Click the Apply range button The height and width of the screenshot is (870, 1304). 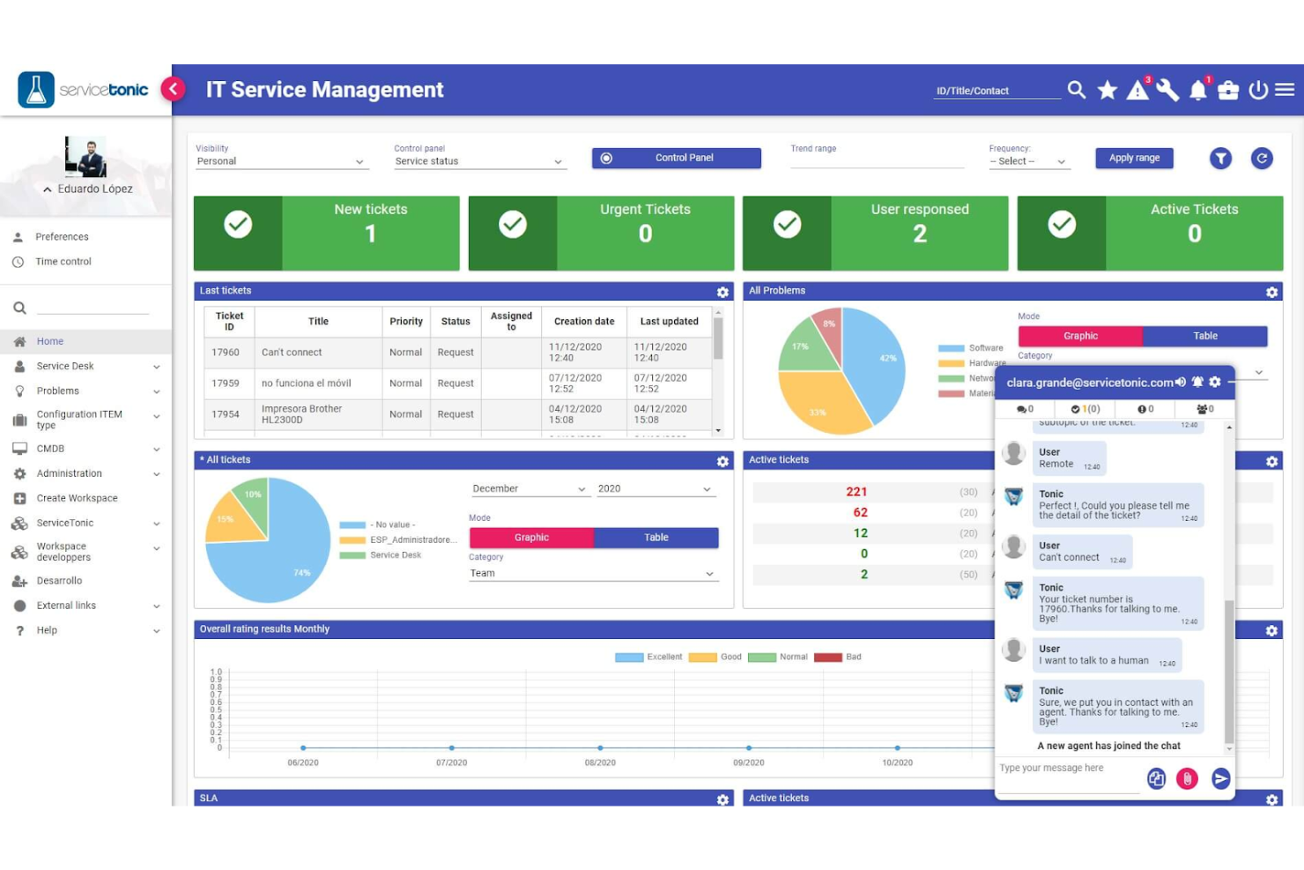[1134, 158]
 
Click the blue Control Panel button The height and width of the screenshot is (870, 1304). [676, 158]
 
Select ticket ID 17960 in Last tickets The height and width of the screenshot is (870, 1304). [226, 353]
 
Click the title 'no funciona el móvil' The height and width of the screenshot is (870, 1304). [306, 383]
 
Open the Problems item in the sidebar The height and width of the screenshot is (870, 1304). [58, 391]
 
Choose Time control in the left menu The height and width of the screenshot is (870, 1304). [63, 262]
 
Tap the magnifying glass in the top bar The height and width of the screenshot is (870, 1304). [1076, 90]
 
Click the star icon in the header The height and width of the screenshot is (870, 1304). [1108, 90]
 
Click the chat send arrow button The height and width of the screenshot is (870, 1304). [1220, 778]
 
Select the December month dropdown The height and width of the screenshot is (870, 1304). [529, 489]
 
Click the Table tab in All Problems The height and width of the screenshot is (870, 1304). [1204, 336]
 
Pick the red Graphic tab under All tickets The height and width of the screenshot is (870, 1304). [531, 538]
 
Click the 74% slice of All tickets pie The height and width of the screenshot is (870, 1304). [282, 560]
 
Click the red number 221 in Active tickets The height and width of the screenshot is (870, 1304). [856, 492]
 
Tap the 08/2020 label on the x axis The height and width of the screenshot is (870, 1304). [600, 762]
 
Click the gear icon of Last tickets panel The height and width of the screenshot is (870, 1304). [722, 292]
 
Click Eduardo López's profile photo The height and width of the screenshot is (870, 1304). [85, 157]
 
